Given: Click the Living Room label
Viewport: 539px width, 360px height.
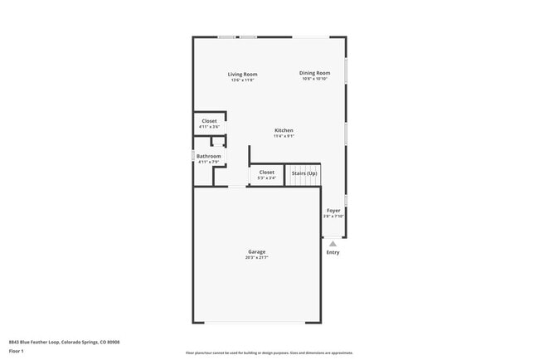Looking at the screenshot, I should pyautogui.click(x=242, y=75).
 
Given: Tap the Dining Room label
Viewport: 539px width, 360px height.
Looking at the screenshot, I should pyautogui.click(x=314, y=73).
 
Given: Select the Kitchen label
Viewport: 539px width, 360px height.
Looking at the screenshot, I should pyautogui.click(x=284, y=130).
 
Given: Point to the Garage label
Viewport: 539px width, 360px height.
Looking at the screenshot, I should pyautogui.click(x=256, y=251).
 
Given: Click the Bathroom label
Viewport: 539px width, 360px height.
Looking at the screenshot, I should pyautogui.click(x=208, y=156).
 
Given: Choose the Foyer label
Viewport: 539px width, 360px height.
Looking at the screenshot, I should pyautogui.click(x=333, y=211).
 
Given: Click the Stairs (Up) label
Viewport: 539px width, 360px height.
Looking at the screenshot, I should pyautogui.click(x=303, y=173).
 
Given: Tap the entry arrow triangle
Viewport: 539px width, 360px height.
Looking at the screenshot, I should pyautogui.click(x=333, y=244).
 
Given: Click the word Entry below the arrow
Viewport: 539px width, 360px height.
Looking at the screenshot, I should pyautogui.click(x=333, y=253).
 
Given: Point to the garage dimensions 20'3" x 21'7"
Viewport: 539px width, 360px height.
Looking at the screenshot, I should pyautogui.click(x=256, y=258).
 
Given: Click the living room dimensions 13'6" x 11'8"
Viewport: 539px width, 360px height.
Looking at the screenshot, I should pyautogui.click(x=242, y=80).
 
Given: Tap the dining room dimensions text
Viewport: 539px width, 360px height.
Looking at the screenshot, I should pyautogui.click(x=314, y=79).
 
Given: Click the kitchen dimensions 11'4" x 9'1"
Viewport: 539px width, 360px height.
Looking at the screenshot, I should pyautogui.click(x=284, y=136).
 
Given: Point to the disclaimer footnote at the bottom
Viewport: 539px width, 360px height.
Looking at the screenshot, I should pyautogui.click(x=269, y=353).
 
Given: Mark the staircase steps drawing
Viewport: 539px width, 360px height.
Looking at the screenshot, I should pyautogui.click(x=303, y=177).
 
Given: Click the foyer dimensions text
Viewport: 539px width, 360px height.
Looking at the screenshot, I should pyautogui.click(x=333, y=216).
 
